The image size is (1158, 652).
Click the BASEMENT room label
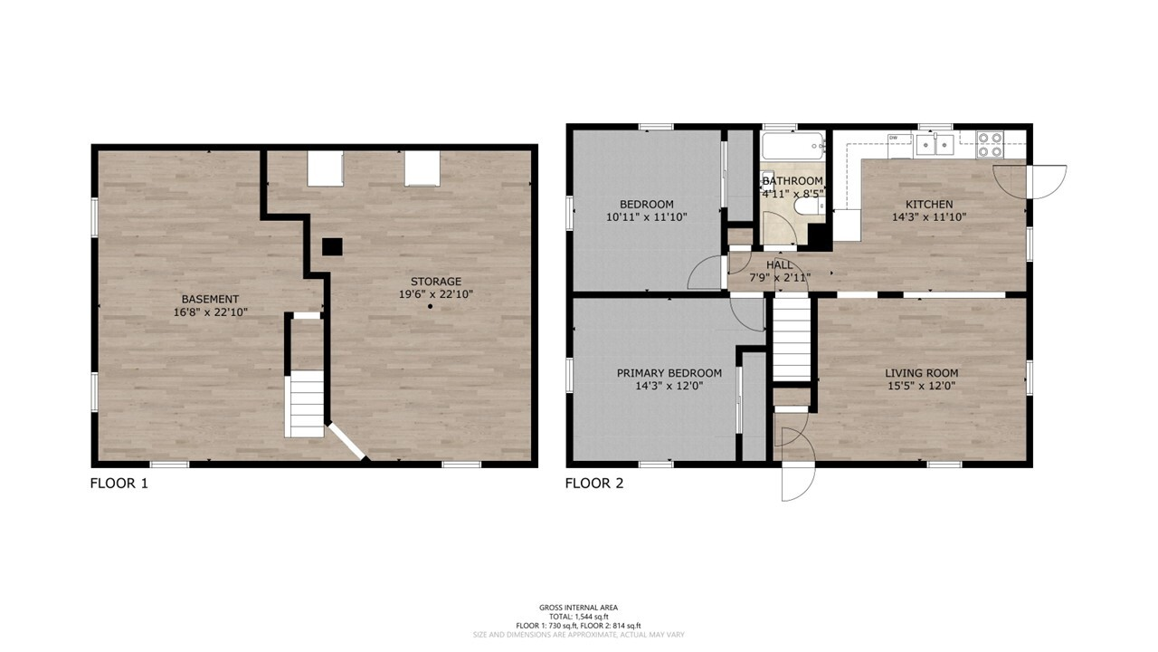(210, 299)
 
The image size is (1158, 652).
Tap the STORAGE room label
(436, 282)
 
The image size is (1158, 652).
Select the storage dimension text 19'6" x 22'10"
(436, 294)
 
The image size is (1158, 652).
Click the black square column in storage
(332, 247)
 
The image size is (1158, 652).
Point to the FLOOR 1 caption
(119, 484)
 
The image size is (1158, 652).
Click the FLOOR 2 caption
(594, 484)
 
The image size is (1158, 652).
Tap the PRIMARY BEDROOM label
(669, 373)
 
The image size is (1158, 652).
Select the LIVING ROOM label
(921, 373)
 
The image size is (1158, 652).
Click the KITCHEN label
(929, 205)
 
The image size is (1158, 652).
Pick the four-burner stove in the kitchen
(990, 144)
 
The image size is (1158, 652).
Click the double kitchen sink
(935, 144)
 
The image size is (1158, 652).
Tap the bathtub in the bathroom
(793, 146)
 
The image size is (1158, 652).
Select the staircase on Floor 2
(792, 339)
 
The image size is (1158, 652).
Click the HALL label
(780, 265)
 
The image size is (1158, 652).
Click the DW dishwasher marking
(893, 138)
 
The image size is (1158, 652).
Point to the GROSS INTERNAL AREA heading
(578, 608)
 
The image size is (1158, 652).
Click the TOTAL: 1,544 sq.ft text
(578, 617)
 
